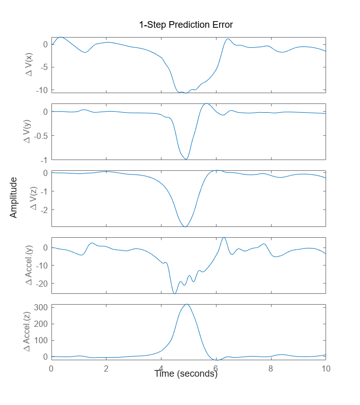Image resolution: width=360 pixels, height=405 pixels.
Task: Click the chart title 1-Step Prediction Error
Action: pos(186,25)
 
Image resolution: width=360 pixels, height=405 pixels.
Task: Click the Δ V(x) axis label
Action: pos(30,65)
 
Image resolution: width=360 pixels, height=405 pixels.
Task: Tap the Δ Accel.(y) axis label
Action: pos(30,266)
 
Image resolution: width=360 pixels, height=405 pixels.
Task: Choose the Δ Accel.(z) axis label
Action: pos(30,332)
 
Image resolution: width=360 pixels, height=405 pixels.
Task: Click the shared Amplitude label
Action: pos(14,198)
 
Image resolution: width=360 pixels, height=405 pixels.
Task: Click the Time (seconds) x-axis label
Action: pos(186,374)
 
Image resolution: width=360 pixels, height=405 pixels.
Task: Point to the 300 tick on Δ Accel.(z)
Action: pos(42,307)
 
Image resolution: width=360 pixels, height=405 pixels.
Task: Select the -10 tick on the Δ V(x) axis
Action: pos(43,90)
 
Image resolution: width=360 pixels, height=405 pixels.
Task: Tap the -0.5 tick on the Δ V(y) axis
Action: pos(41,136)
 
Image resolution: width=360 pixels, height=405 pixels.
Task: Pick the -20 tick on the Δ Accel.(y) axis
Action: pos(43,284)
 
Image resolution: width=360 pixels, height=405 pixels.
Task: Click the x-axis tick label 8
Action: pos(271,369)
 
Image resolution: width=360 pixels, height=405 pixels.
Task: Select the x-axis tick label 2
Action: pos(106,369)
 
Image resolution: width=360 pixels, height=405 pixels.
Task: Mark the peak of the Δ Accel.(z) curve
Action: pos(186,304)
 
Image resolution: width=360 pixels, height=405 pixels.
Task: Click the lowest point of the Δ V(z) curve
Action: pos(185,226)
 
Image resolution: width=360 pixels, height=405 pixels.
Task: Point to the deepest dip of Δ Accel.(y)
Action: pos(175,293)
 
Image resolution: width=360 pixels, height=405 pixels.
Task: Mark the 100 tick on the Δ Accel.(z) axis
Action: pos(42,340)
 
